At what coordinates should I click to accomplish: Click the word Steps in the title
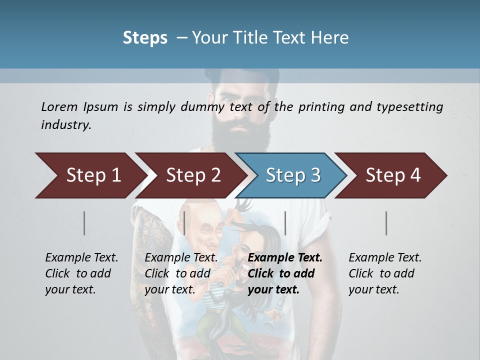pyautogui.click(x=145, y=38)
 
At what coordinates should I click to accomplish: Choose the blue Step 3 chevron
pyautogui.click(x=293, y=175)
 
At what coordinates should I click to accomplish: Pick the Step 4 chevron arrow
pyautogui.click(x=393, y=175)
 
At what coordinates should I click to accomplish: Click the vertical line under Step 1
pyautogui.click(x=84, y=223)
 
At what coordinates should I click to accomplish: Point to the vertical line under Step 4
pyautogui.click(x=386, y=223)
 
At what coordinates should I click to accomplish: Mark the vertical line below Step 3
pyautogui.click(x=285, y=223)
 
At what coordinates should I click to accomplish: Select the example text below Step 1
pyautogui.click(x=81, y=273)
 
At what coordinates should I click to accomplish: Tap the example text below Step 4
pyautogui.click(x=385, y=273)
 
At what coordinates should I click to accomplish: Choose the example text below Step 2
pyautogui.click(x=181, y=273)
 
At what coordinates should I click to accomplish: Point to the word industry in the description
pyautogui.click(x=65, y=125)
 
